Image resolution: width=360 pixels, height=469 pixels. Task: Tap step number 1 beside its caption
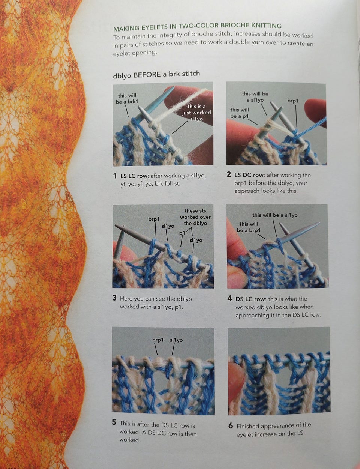[x=115, y=176]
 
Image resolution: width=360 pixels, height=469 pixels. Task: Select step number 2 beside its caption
[x=229, y=174]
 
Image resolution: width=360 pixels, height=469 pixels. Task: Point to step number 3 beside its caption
[x=114, y=298]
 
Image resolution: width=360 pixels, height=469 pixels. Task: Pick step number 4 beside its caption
[x=230, y=299]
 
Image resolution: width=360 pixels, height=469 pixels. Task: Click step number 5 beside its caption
[x=114, y=422]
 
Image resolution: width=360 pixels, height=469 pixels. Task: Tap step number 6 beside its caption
[x=231, y=425]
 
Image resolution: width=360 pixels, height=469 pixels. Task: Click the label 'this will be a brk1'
[x=127, y=98]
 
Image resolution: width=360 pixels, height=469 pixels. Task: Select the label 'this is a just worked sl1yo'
[x=196, y=113]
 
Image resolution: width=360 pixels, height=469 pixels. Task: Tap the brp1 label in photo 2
[x=293, y=101]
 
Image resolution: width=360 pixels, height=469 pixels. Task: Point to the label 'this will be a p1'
[x=239, y=113]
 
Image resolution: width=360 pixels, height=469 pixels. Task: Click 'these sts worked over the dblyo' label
[x=195, y=217]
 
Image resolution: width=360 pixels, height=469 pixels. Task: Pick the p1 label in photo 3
[x=182, y=233]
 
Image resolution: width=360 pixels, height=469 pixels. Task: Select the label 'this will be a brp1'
[x=249, y=227]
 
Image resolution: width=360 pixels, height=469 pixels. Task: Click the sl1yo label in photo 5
[x=176, y=340]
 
